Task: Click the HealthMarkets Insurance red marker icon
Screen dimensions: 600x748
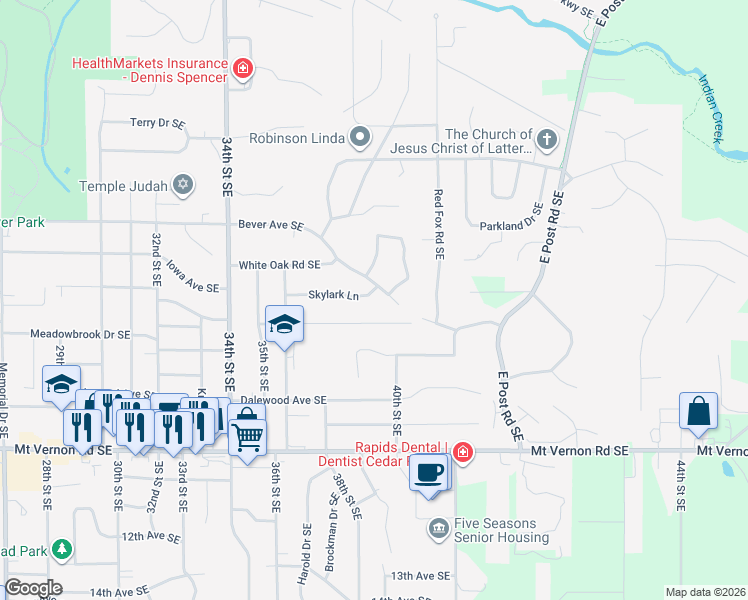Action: pyautogui.click(x=242, y=69)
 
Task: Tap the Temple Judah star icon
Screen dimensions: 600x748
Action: pyautogui.click(x=181, y=185)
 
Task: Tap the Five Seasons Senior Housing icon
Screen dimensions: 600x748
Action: pyautogui.click(x=437, y=527)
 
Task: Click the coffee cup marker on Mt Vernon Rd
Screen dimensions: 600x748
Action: pyautogui.click(x=429, y=472)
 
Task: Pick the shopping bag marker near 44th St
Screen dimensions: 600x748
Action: pyautogui.click(x=698, y=411)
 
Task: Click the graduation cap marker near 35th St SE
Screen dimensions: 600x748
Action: pyautogui.click(x=284, y=324)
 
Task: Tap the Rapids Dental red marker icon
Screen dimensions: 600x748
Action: pyautogui.click(x=462, y=452)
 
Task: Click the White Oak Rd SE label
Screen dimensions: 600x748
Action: pyautogui.click(x=279, y=265)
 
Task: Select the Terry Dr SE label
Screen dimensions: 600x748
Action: pyautogui.click(x=158, y=123)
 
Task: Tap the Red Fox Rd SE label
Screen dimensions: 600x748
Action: pyautogui.click(x=438, y=224)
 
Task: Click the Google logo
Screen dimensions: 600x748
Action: pyautogui.click(x=32, y=588)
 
